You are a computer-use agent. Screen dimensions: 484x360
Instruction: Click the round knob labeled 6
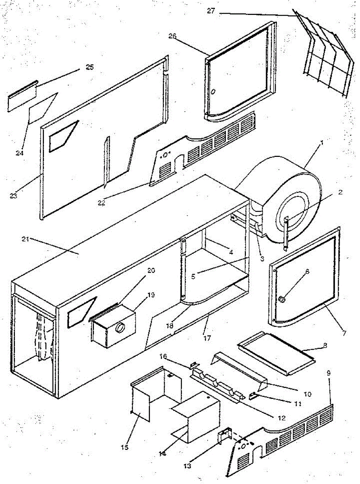(x=282, y=299)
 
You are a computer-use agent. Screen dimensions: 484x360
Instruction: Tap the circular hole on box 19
(x=120, y=328)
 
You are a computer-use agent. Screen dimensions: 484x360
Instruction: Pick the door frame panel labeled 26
(x=238, y=73)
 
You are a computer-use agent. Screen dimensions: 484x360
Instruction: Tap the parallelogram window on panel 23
(x=62, y=136)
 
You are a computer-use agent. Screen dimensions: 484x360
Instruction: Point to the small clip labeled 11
(x=254, y=394)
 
